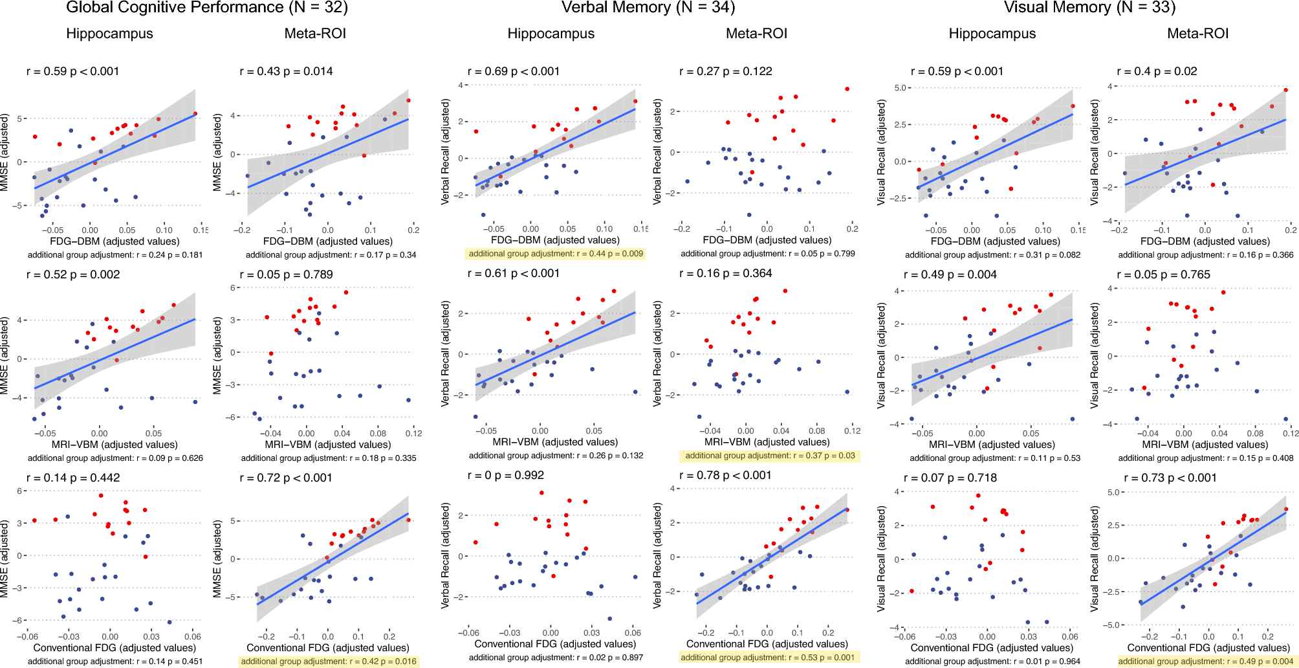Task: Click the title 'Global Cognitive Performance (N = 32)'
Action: [x=207, y=8]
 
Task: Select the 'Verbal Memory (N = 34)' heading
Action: [x=648, y=8]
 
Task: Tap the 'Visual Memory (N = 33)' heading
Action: [x=1089, y=8]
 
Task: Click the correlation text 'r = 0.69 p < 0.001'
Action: [x=514, y=71]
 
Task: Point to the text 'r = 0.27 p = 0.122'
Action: [x=726, y=71]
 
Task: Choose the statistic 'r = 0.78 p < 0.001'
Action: [x=725, y=475]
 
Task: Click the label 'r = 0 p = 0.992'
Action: [x=506, y=475]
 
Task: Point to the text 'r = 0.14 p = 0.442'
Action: [x=73, y=478]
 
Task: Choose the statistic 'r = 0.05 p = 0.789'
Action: [x=287, y=274]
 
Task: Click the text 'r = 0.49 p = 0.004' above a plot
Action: [x=950, y=274]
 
